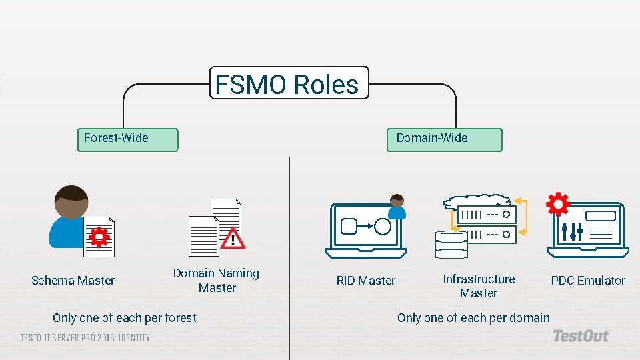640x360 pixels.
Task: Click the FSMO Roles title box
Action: click(289, 83)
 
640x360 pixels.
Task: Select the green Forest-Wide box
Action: click(128, 139)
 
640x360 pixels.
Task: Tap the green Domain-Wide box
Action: click(445, 139)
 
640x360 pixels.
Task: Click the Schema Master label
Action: click(73, 281)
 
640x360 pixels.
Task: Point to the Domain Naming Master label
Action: click(216, 280)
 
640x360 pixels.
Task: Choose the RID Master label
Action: click(366, 281)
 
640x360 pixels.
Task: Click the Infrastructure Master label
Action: click(479, 286)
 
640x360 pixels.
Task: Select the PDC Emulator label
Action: click(588, 281)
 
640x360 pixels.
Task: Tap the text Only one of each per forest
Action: click(125, 317)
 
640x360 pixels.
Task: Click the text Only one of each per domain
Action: click(473, 317)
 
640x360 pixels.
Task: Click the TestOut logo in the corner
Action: click(581, 336)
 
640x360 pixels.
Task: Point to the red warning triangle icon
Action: click(233, 237)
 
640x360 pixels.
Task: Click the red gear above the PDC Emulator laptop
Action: click(557, 205)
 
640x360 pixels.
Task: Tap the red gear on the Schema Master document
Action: click(99, 236)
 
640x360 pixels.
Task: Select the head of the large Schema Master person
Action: click(70, 203)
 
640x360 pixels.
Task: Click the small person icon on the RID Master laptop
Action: click(397, 207)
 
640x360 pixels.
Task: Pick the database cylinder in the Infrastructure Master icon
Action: click(451, 244)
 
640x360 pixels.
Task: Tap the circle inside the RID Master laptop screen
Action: click(383, 227)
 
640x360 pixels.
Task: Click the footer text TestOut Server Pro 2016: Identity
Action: click(85, 337)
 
